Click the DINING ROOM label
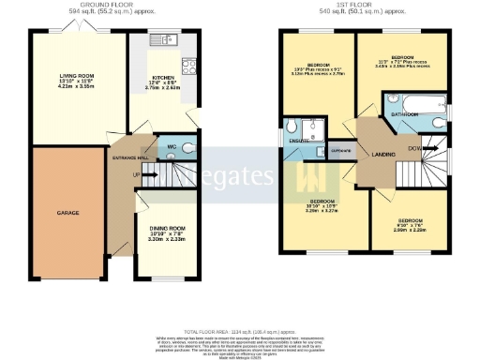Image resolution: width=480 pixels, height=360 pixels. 169,229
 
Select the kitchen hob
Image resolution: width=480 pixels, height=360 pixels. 187,67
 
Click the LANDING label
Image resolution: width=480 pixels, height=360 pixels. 382,155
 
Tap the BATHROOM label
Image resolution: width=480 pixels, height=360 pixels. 404,114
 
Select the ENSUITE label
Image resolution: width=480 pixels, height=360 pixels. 299,141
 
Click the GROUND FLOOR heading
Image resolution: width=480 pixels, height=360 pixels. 103,5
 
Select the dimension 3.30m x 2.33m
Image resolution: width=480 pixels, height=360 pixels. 169,241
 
